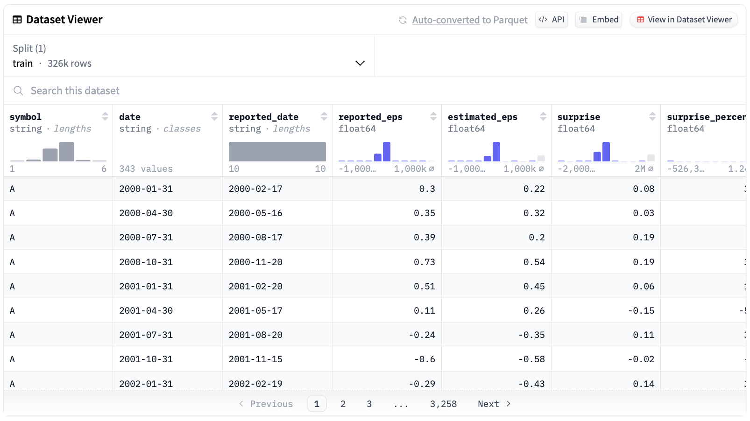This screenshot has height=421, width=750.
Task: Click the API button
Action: (x=551, y=20)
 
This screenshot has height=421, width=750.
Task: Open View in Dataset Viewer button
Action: (x=684, y=20)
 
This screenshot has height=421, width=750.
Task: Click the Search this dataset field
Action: (x=187, y=91)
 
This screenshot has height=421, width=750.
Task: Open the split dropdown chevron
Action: (x=360, y=63)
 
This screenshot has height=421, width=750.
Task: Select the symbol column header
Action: (x=26, y=117)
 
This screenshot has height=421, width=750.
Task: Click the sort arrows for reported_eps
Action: (x=433, y=116)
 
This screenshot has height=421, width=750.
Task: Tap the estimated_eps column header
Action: (x=482, y=117)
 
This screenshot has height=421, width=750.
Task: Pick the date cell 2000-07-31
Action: (x=146, y=237)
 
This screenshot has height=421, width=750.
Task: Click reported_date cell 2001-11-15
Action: (x=255, y=359)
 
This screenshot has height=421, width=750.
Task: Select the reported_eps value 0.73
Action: (x=424, y=262)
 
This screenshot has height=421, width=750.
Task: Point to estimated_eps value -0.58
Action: (x=531, y=359)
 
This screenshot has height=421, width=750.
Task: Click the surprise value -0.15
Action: (x=641, y=310)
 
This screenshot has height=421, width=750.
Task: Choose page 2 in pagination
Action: (x=343, y=404)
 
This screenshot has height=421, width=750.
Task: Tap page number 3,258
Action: (x=443, y=404)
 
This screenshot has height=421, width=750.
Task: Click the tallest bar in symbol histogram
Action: (x=66, y=152)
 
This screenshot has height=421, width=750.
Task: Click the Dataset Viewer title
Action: (x=64, y=20)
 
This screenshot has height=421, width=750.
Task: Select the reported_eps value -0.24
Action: (x=422, y=335)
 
